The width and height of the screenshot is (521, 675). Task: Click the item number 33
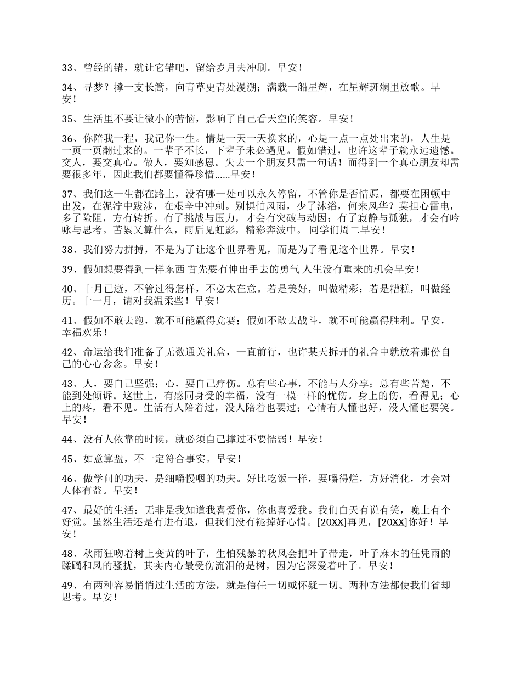click(x=68, y=68)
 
